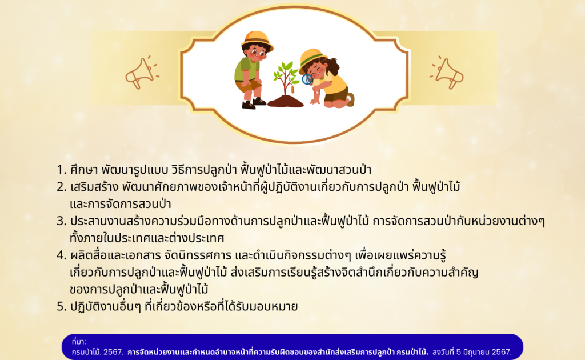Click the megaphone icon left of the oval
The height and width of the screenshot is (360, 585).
point(141,73)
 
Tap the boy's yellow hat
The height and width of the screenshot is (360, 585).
point(257,41)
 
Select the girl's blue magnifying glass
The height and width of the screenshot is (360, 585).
point(307,79)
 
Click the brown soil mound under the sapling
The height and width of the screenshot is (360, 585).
point(286,101)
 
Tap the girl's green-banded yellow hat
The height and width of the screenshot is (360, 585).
point(312,59)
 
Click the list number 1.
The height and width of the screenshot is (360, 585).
point(61,170)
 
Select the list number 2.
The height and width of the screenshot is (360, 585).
point(62,187)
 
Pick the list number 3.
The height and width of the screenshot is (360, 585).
point(62,221)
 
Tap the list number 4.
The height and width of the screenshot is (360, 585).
point(62,255)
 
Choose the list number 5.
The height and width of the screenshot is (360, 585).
point(62,307)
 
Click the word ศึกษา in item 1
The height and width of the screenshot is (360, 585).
point(84,170)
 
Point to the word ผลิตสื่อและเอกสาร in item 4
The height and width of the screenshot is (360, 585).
point(115,255)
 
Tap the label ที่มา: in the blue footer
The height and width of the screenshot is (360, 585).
point(79,341)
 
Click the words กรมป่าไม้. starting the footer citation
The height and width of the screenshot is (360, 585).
point(86,352)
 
